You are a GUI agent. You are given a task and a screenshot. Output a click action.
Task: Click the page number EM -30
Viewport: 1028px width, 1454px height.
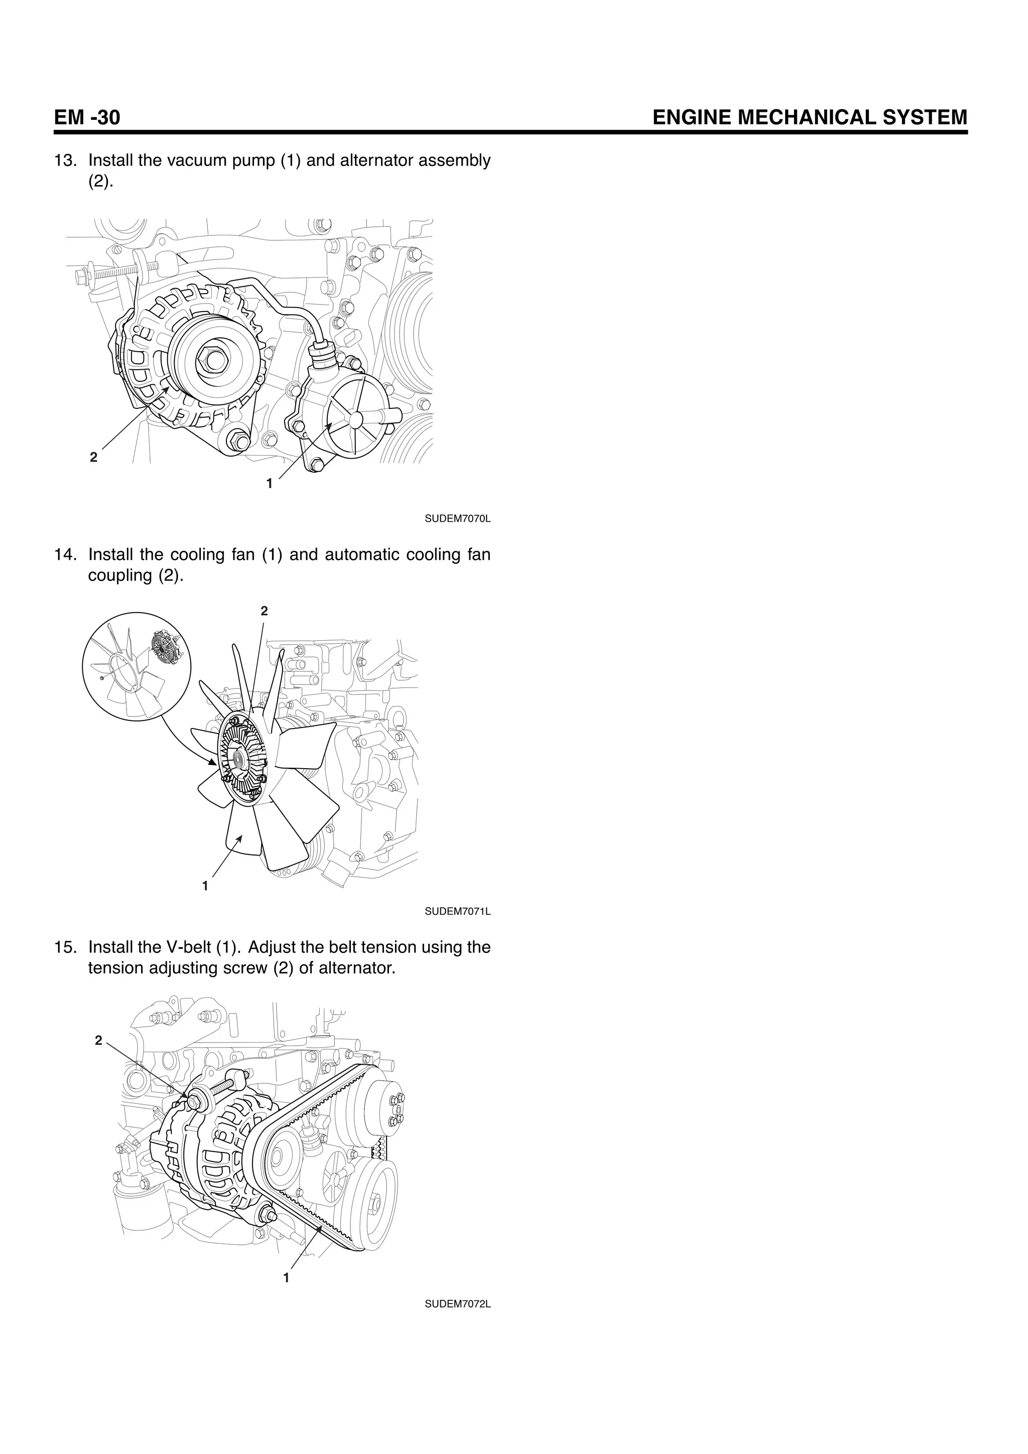coord(87,118)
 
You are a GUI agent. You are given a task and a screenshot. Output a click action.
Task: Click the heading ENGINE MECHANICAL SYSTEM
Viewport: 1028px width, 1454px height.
coord(810,118)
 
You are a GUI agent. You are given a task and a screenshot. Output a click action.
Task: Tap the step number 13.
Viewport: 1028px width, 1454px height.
coord(65,161)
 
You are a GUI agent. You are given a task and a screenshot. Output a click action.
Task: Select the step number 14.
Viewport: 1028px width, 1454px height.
coord(65,555)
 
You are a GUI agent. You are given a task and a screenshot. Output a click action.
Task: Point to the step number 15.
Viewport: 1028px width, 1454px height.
coord(65,947)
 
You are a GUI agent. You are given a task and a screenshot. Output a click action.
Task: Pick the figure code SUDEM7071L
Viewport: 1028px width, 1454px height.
coord(457,912)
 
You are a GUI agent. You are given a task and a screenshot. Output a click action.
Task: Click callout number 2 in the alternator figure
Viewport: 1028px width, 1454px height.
coord(94,457)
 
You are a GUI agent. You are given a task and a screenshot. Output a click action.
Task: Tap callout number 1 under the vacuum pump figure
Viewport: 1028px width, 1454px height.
coord(269,484)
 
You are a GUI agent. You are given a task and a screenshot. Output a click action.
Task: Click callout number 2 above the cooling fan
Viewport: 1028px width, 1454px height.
coord(264,611)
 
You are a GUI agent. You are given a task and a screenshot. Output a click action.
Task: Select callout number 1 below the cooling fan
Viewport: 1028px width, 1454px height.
coord(205,886)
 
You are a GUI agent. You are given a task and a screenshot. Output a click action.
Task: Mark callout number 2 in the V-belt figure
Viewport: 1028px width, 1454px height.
coord(98,1040)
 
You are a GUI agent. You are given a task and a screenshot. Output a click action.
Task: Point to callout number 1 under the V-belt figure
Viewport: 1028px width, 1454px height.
coord(286,1278)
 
